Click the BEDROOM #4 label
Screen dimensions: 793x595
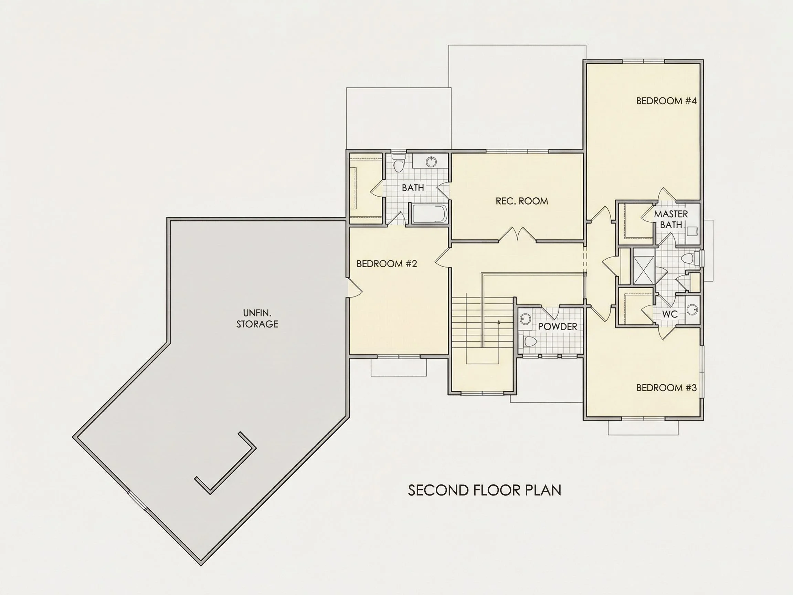coord(666,101)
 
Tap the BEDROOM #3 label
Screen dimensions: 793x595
coord(666,388)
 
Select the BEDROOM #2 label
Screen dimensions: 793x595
coord(387,264)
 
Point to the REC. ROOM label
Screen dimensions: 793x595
coord(522,201)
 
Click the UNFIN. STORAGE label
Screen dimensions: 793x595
coord(257,319)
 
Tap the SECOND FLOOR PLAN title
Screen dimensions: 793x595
coord(485,490)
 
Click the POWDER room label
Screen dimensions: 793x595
coord(558,327)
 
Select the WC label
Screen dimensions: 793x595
coord(670,314)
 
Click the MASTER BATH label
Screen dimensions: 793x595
coord(671,219)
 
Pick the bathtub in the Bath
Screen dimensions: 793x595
coord(429,214)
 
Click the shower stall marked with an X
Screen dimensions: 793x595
coord(644,266)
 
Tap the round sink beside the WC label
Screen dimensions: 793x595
coord(692,309)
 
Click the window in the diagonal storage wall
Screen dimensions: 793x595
coord(138,500)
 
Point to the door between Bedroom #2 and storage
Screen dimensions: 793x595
coord(355,288)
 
